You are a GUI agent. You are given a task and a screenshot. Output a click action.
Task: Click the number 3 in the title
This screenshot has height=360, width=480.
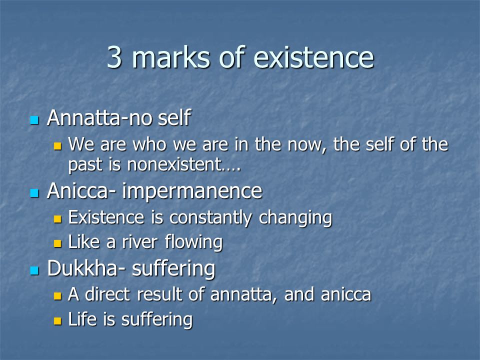(114, 57)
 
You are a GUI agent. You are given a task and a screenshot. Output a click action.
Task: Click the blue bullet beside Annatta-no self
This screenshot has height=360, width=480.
(34, 120)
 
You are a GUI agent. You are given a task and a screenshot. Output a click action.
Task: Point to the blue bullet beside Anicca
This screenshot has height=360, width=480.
(34, 193)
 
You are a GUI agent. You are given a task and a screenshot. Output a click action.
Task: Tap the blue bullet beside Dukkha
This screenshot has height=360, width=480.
(34, 270)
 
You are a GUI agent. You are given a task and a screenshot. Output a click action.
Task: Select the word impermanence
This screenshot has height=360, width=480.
(192, 191)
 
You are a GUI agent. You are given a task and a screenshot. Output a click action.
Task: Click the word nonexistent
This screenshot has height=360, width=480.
(174, 164)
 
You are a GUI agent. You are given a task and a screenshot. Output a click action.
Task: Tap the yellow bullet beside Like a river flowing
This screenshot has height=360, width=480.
(57, 243)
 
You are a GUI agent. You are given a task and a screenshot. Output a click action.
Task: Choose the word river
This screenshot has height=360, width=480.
(139, 242)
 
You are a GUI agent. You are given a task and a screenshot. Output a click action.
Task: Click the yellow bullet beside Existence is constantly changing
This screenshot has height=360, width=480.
(57, 219)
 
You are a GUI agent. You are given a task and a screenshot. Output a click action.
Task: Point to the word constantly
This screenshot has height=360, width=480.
(210, 218)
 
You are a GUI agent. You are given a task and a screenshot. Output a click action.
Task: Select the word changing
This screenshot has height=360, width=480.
(295, 218)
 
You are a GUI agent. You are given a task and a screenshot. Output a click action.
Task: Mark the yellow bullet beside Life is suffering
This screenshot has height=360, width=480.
(57, 321)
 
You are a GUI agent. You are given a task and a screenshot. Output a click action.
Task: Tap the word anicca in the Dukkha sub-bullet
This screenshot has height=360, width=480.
(346, 294)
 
